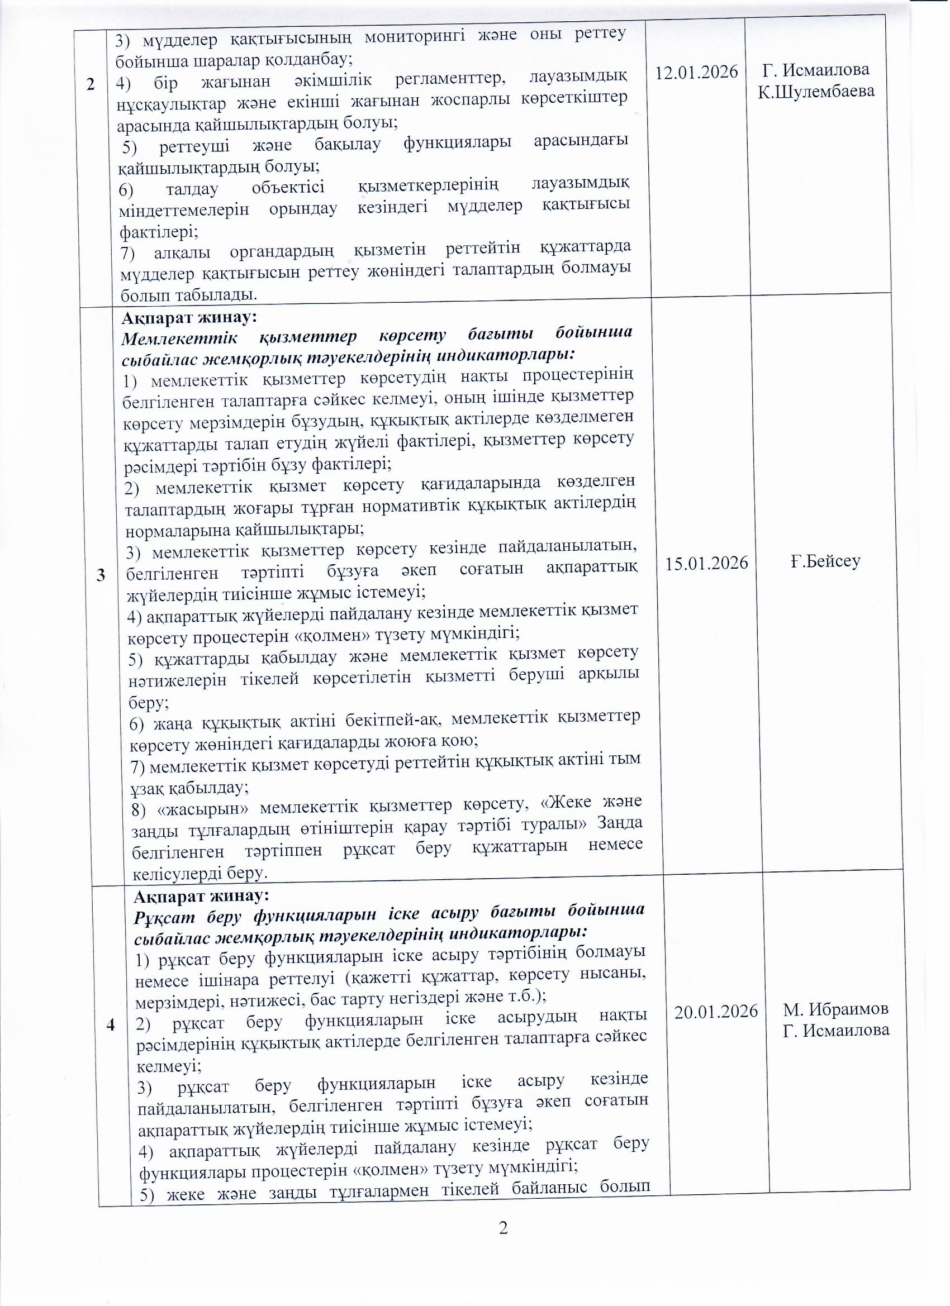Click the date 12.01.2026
pyautogui.click(x=697, y=73)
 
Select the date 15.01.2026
pyautogui.click(x=706, y=563)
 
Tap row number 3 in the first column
pyautogui.click(x=101, y=575)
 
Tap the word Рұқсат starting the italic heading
pyautogui.click(x=164, y=916)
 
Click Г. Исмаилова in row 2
pyautogui.click(x=816, y=70)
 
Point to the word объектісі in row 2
pyautogui.click(x=288, y=188)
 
